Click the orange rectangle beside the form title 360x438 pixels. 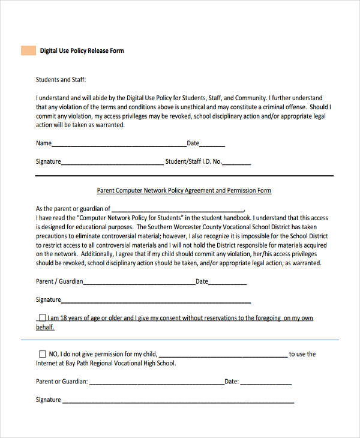[28, 50]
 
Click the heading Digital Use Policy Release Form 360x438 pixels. [82, 51]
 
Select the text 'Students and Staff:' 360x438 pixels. [61, 79]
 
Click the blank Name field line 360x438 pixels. [119, 145]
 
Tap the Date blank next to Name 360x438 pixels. [212, 145]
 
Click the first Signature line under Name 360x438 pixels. [112, 163]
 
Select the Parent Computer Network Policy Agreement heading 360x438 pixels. [184, 191]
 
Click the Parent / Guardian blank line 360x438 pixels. [139, 283]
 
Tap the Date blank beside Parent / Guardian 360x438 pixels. [227, 283]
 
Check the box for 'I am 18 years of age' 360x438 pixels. [42, 318]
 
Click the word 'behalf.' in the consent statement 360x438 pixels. [45, 328]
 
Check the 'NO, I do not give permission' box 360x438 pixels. [42, 354]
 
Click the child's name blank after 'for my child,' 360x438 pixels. [223, 356]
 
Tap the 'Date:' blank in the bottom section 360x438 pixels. [266, 383]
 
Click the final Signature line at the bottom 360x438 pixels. [178, 401]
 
